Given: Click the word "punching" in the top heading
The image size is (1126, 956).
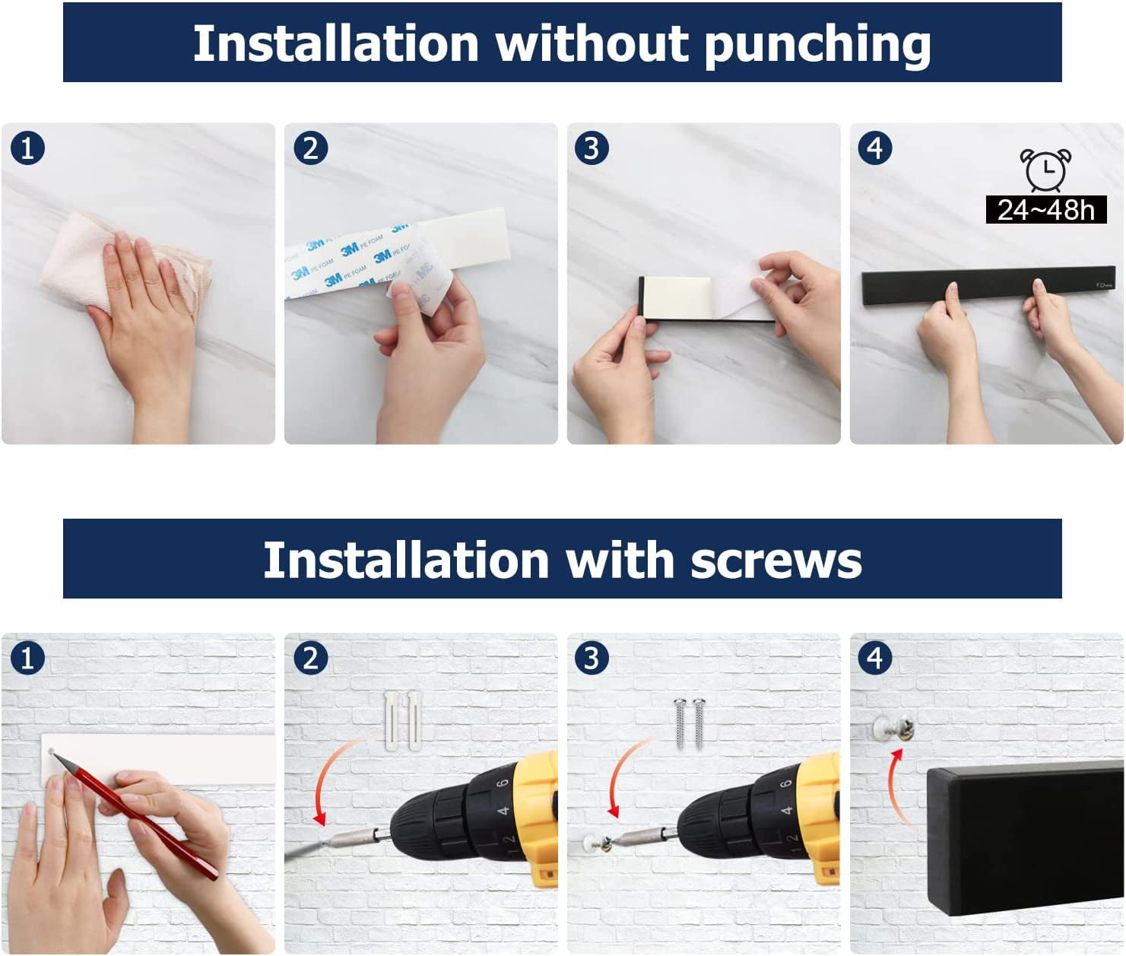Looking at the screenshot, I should [x=817, y=44].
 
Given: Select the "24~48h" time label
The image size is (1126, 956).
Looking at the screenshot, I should [x=1045, y=210].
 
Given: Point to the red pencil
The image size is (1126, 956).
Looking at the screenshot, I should [x=137, y=814].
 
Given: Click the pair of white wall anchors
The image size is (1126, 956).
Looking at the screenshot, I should [x=402, y=719].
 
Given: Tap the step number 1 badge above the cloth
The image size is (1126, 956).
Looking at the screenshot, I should [x=27, y=148].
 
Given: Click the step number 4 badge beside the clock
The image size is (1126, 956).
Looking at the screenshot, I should [x=875, y=148].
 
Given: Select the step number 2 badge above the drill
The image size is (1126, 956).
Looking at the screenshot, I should [x=310, y=658].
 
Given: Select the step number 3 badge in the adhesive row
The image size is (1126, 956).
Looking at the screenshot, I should [x=592, y=148].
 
